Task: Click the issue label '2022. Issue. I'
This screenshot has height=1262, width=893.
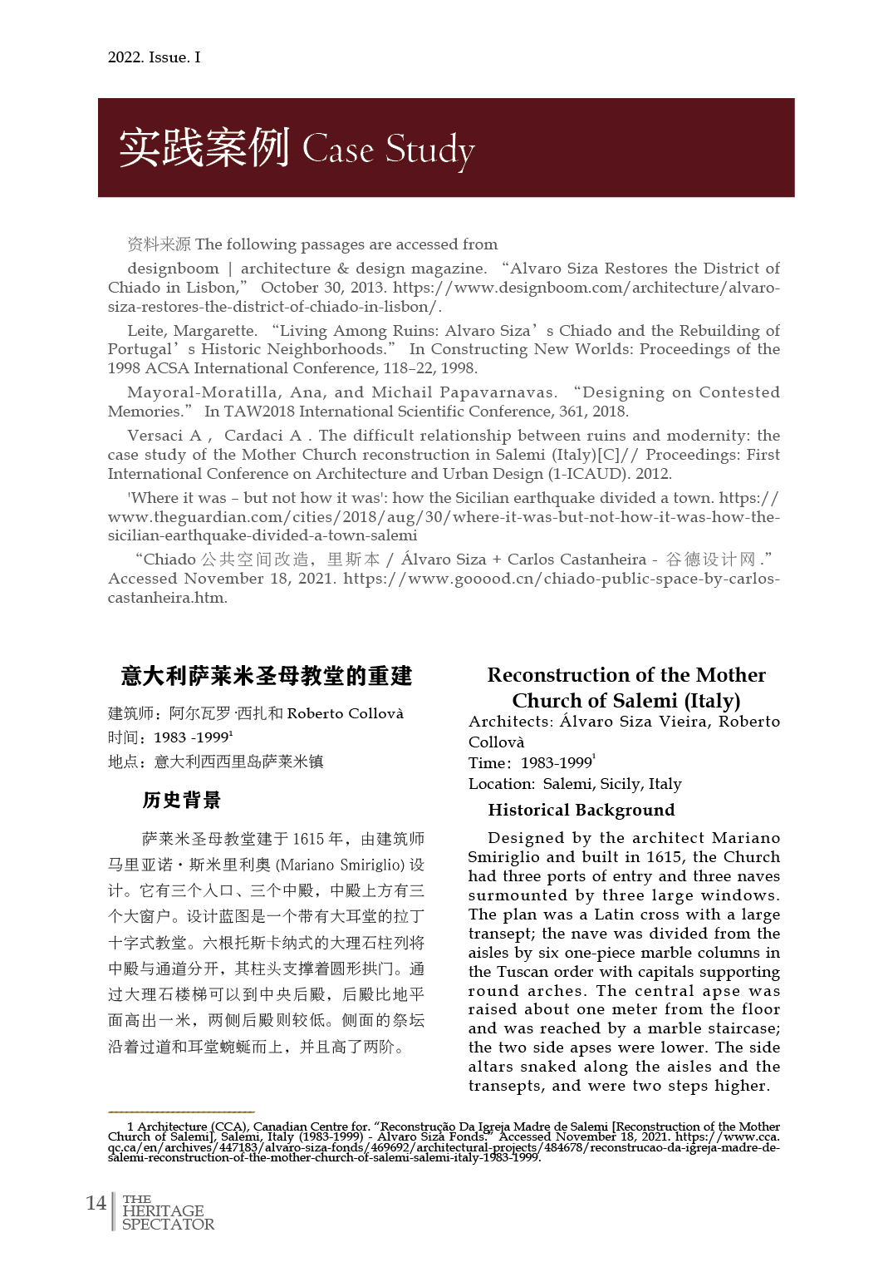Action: click(154, 57)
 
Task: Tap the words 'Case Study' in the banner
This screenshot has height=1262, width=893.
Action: click(388, 150)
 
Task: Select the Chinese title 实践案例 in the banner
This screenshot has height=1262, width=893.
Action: click(204, 148)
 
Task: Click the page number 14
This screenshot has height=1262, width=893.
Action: click(96, 1203)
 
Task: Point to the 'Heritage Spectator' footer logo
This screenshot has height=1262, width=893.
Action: click(167, 1212)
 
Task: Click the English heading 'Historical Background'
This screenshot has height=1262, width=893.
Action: click(581, 810)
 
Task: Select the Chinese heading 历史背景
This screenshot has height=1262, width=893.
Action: click(182, 800)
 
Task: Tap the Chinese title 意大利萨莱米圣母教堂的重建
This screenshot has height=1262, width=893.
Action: click(267, 676)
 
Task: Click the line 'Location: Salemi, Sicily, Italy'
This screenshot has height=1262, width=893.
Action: click(575, 784)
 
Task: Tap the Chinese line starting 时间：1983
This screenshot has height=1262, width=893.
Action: click(169, 737)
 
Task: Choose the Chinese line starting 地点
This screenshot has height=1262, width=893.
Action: click(215, 762)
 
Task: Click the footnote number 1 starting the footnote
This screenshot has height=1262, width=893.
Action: click(130, 1126)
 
